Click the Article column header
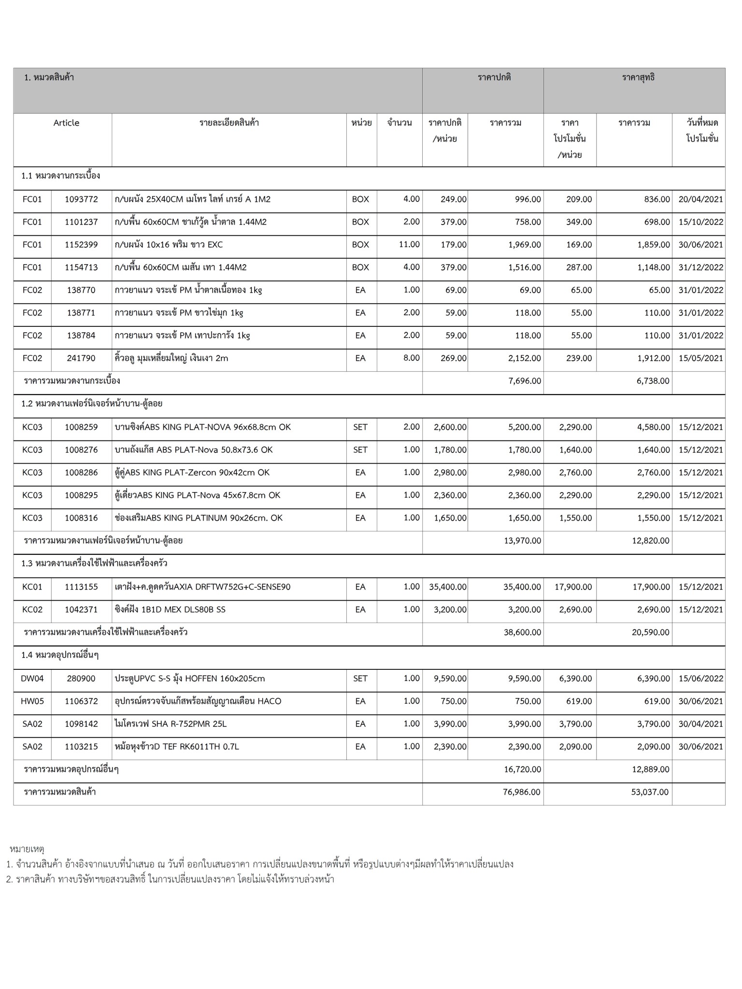[66, 123]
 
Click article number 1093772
[81, 199]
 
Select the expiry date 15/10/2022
[700, 222]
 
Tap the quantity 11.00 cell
[409, 244]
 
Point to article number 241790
[81, 358]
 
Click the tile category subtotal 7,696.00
[524, 381]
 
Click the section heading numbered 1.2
[91, 403]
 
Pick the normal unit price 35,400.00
[448, 587]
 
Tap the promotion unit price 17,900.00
[573, 587]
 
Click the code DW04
[32, 678]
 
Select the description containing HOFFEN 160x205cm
[190, 678]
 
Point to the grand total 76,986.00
[522, 792]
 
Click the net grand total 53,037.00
[650, 792]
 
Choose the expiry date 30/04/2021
[700, 723]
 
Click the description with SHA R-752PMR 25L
[171, 723]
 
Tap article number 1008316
[81, 518]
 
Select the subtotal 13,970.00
[522, 540]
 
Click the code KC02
[32, 609]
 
